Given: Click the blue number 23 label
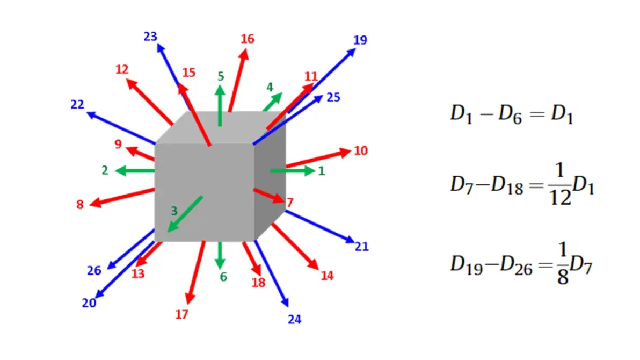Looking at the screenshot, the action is click(x=150, y=37).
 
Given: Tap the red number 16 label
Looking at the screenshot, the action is click(x=248, y=39).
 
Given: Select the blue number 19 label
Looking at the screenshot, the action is click(x=360, y=40).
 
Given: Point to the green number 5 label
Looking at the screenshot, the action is click(x=221, y=76).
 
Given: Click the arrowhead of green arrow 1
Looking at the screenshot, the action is click(x=309, y=171).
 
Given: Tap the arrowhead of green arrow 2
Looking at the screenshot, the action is click(x=120, y=171).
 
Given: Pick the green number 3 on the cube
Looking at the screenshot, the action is click(x=174, y=211).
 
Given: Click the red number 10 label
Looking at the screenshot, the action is click(x=360, y=151).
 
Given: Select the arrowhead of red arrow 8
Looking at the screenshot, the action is click(x=95, y=202).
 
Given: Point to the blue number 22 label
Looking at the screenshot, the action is click(x=77, y=105).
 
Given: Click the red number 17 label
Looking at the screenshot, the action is click(x=181, y=314).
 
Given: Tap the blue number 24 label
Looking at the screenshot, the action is click(x=294, y=320).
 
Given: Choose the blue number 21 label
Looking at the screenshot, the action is click(x=362, y=247).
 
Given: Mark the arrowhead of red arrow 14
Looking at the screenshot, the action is click(x=313, y=264).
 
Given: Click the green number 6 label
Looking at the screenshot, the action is click(x=223, y=277).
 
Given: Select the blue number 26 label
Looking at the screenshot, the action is click(x=94, y=270).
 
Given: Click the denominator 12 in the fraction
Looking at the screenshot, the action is click(x=560, y=198).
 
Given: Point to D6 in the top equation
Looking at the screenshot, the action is click(x=510, y=115).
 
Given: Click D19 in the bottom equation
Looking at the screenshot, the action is click(x=467, y=265).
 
